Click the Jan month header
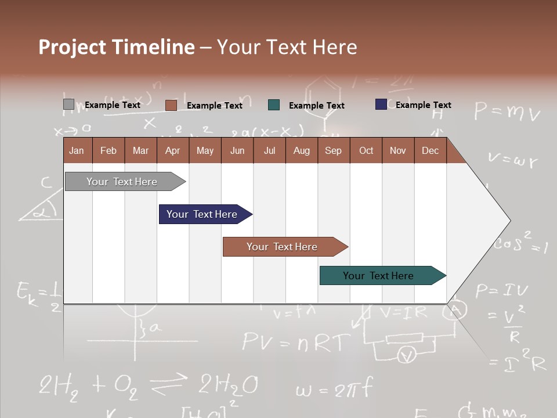[x=77, y=150]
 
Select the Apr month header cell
[x=173, y=150]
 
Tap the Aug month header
[x=301, y=150]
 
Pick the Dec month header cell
[x=430, y=150]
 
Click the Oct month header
[x=366, y=150]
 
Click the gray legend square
[x=68, y=105]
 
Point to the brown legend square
[x=171, y=105]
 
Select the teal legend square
[x=274, y=105]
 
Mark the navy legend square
[x=381, y=105]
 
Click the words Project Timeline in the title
[x=117, y=47]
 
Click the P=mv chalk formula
[x=507, y=111]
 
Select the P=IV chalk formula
[x=502, y=290]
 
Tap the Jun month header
[x=237, y=150]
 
